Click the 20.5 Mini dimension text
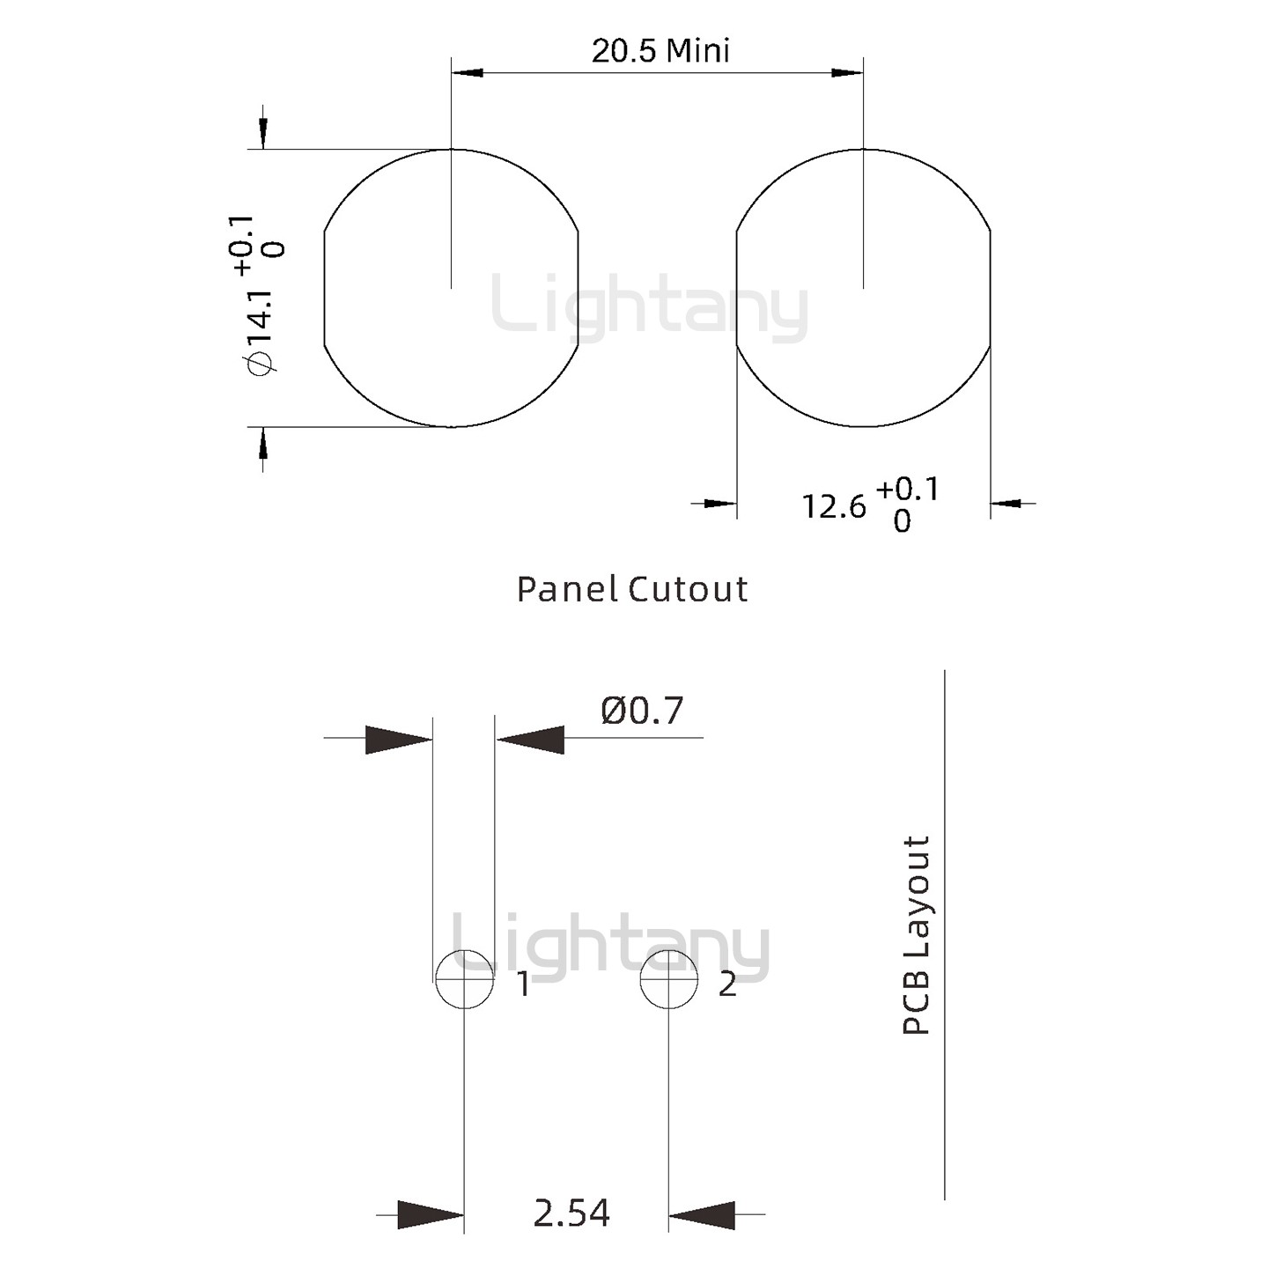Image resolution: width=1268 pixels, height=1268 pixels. (660, 51)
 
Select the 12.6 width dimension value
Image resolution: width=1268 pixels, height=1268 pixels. (833, 506)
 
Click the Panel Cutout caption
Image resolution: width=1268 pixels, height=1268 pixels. (632, 589)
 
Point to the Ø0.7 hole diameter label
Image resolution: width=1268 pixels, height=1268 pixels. (642, 711)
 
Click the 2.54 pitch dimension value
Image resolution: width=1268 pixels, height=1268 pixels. (571, 1213)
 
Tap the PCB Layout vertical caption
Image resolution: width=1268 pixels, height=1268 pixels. (917, 935)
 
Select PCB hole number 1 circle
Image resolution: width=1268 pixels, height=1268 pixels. (464, 979)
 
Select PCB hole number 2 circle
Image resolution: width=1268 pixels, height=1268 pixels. (669, 979)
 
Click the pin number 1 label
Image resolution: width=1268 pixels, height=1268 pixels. (523, 984)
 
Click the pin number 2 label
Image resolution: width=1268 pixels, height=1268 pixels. (726, 984)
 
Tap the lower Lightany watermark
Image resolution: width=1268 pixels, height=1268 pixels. (611, 947)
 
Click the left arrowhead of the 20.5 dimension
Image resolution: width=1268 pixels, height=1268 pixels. (468, 72)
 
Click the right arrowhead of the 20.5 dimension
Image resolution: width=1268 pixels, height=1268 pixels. (847, 72)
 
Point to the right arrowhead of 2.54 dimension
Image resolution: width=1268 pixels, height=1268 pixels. (702, 1214)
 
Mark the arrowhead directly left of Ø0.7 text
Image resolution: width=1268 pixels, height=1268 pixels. (530, 739)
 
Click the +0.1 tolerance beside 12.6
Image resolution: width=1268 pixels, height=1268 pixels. (908, 490)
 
